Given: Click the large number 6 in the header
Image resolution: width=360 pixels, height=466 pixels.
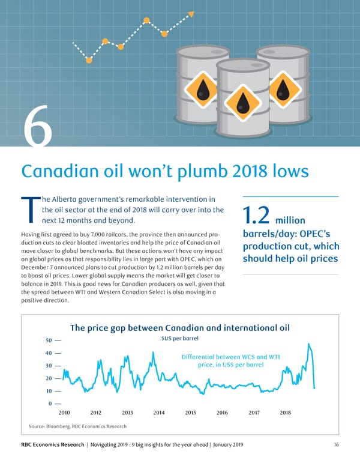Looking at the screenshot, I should [x=37, y=126].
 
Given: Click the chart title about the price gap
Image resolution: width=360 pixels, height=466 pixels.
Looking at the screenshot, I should [x=179, y=328].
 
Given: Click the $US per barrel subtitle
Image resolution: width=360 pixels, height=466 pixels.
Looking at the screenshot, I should [x=180, y=339].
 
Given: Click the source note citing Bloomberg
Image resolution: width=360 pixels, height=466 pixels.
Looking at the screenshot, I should [x=77, y=426].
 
